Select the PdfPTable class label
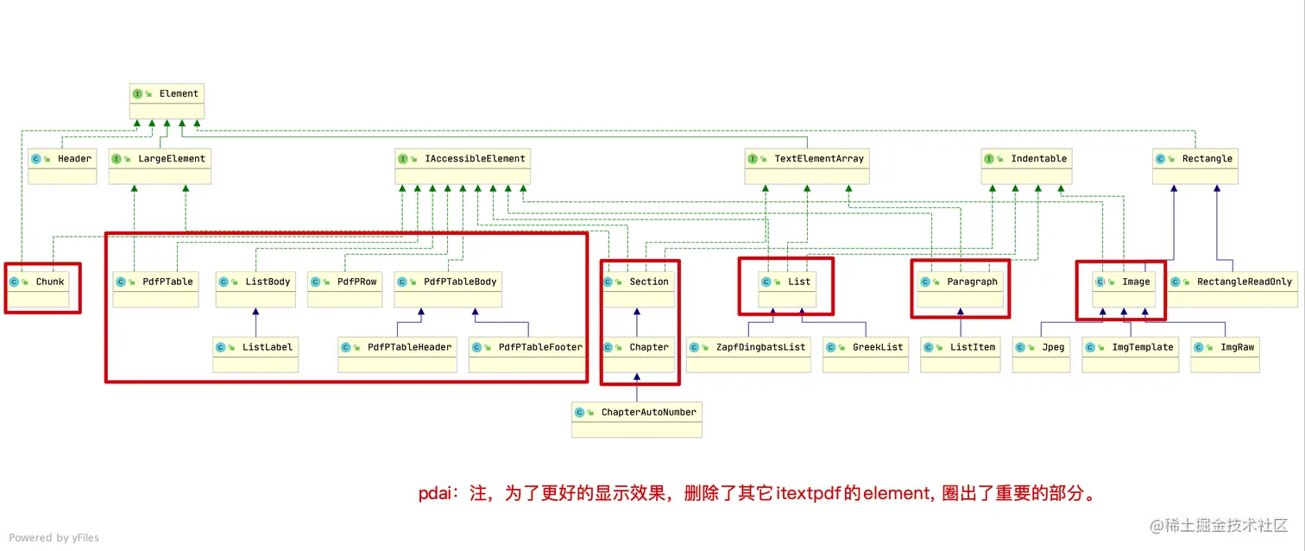167,282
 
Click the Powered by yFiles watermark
54,537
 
